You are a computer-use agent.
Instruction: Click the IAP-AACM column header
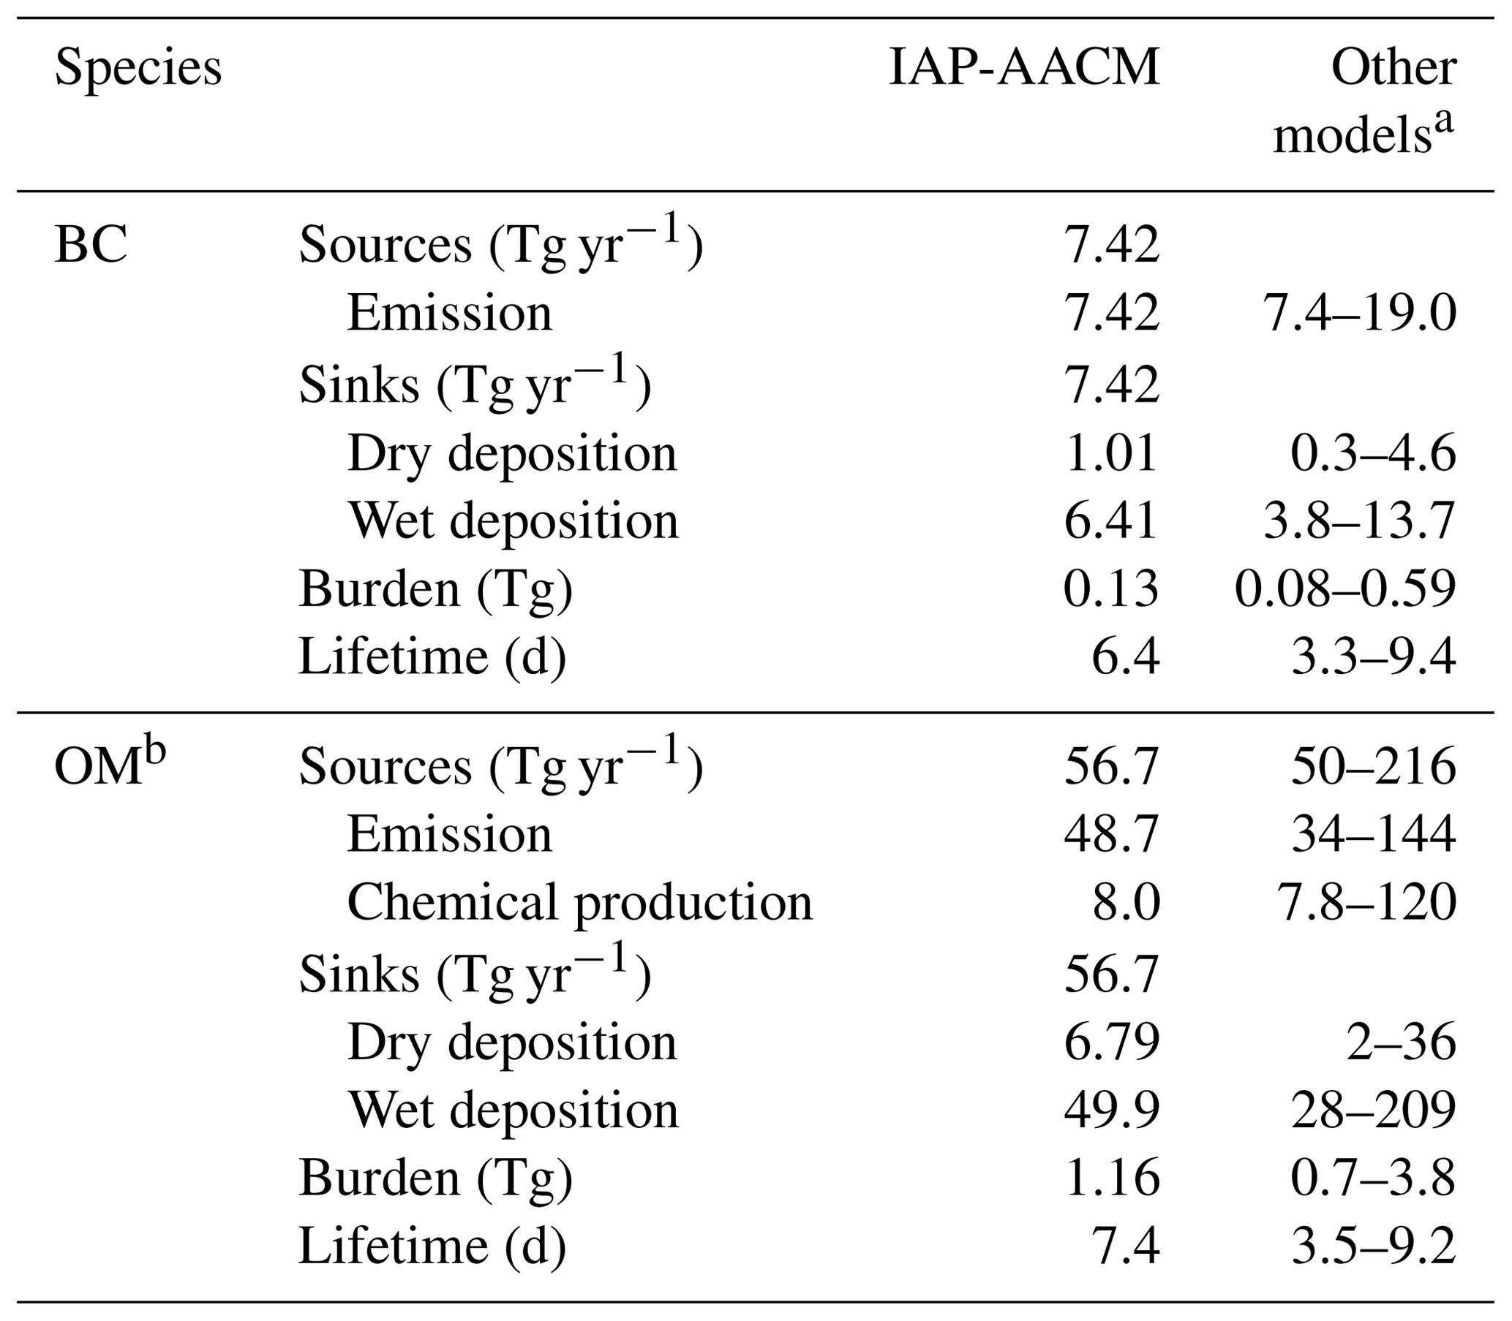tap(1025, 69)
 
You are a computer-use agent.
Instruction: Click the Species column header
tap(138, 69)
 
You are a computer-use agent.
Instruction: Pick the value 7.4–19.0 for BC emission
tap(1359, 314)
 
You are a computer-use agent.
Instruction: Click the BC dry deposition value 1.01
tap(1110, 453)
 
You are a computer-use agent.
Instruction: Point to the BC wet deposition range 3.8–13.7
tap(1359, 521)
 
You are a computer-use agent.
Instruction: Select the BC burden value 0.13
tap(1110, 589)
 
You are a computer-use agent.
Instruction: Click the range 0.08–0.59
tap(1345, 589)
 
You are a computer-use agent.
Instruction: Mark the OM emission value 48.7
tap(1110, 834)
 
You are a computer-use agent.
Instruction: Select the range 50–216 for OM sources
tap(1373, 767)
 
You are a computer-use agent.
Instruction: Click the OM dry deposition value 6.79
tap(1110, 1042)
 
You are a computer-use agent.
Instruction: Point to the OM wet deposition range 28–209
tap(1373, 1110)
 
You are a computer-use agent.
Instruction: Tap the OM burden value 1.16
tap(1110, 1178)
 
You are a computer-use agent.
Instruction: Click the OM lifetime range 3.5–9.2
tap(1373, 1246)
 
